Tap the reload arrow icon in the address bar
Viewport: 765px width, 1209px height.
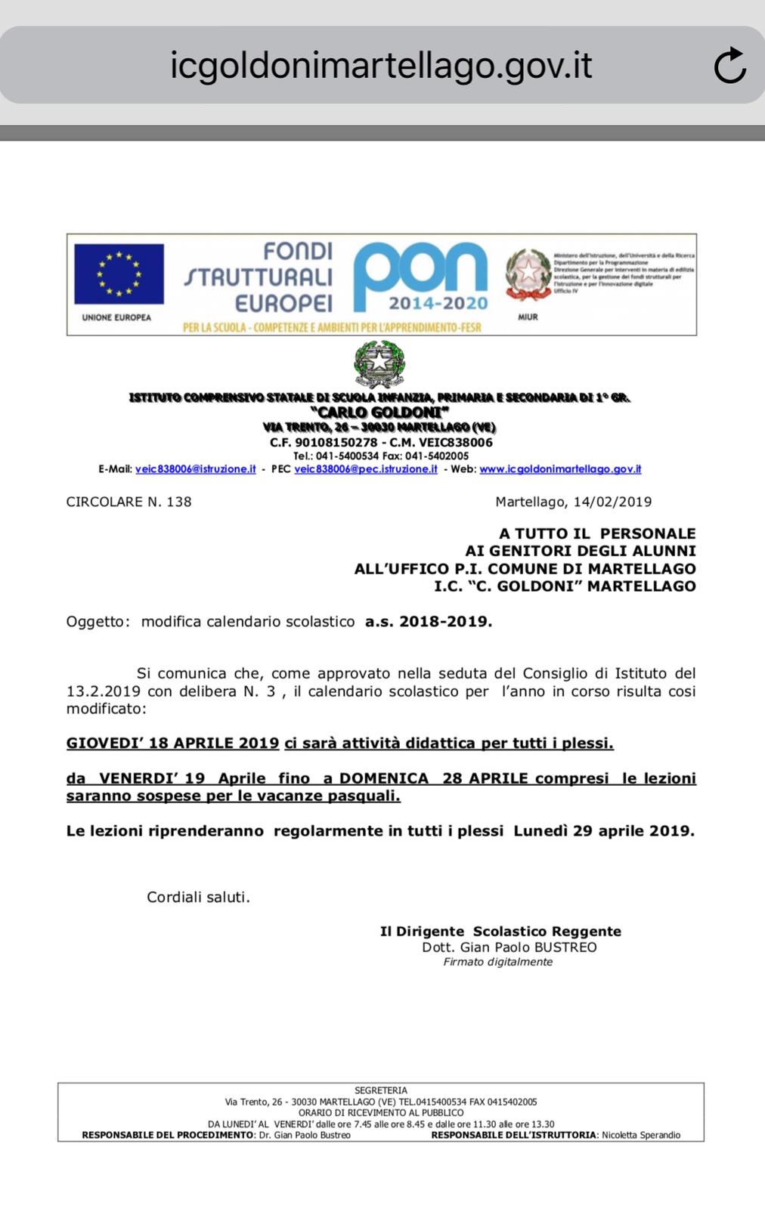[x=729, y=66]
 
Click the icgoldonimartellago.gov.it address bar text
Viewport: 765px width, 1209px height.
[x=381, y=65]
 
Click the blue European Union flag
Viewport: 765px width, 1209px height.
[x=119, y=274]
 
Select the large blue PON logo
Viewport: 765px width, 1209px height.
[x=420, y=277]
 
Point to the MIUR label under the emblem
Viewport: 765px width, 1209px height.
[x=528, y=317]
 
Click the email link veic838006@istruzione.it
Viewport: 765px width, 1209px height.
[x=195, y=469]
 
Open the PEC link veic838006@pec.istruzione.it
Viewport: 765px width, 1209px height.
[x=366, y=469]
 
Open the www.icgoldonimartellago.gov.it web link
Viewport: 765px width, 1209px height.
[x=560, y=469]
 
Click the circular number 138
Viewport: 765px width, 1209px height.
[x=178, y=502]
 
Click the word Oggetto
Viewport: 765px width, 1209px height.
[x=95, y=622]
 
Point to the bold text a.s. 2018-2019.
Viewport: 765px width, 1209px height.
[x=429, y=622]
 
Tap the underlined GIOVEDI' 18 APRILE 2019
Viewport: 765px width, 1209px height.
[x=173, y=743]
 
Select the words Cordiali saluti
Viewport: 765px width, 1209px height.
[x=198, y=897]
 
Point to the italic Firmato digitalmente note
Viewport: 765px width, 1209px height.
[x=498, y=962]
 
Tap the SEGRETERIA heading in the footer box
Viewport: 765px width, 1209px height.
[x=381, y=1090]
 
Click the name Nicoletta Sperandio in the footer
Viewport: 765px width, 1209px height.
[x=641, y=1135]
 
